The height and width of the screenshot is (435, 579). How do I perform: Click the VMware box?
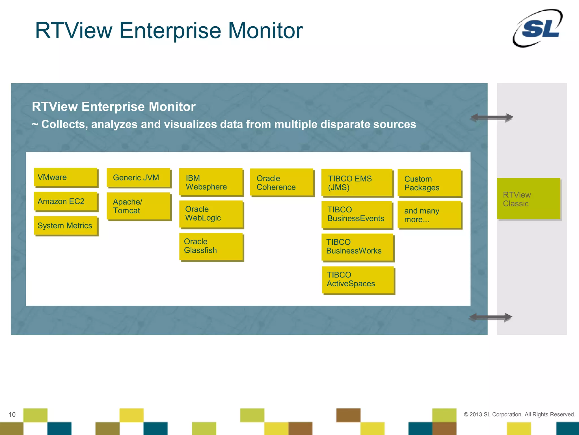(66, 177)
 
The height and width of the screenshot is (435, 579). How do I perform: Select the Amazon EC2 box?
(66, 201)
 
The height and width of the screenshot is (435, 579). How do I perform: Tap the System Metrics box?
(66, 225)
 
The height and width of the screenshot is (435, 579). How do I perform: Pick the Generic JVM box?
(139, 178)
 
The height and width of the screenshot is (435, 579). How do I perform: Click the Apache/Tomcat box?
(139, 206)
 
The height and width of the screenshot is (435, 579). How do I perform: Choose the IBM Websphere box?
(211, 182)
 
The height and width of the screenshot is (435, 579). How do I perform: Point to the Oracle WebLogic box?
(211, 214)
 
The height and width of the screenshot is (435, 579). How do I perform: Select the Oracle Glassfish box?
(211, 246)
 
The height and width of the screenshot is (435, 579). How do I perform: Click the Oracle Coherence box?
(282, 182)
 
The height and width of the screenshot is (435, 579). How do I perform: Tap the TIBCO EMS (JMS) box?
(357, 183)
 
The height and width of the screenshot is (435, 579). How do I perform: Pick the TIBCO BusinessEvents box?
(357, 214)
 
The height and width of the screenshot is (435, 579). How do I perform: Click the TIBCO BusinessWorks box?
(357, 247)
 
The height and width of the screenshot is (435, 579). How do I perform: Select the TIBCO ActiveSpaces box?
(358, 280)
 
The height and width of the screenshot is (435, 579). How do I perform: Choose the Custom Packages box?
(429, 183)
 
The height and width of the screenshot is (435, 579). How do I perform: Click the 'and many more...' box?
(429, 215)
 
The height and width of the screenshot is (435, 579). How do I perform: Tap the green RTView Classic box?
(528, 199)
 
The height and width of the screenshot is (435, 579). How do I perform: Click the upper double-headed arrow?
(492, 117)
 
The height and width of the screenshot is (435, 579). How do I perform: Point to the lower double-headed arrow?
(491, 317)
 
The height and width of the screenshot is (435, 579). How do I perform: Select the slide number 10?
(12, 415)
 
